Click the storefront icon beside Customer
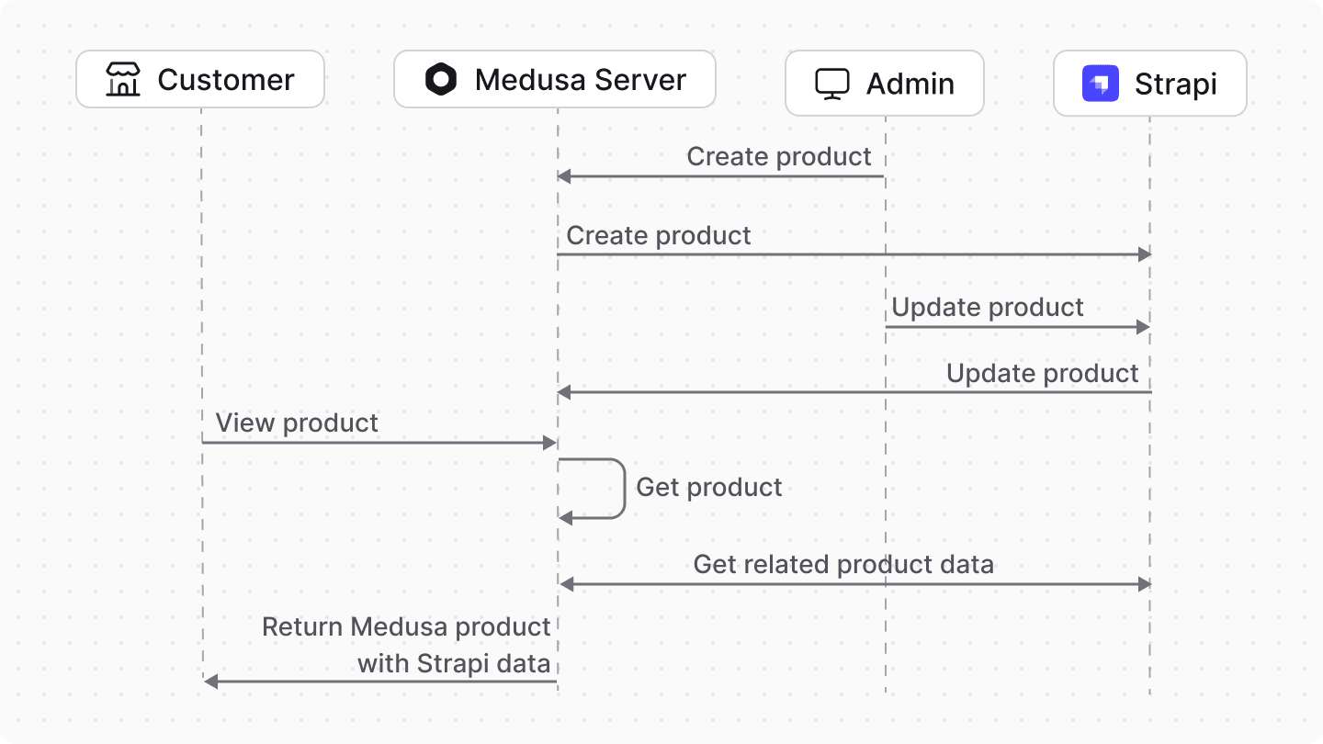122,80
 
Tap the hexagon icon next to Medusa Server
441,80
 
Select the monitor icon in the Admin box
832,84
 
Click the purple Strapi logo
1100,84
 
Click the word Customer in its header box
226,80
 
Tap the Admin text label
910,84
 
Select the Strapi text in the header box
1175,84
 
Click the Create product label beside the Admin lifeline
779,156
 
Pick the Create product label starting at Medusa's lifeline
659,235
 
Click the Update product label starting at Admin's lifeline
988,307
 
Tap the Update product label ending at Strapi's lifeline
1042,373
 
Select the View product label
297,423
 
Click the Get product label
708,487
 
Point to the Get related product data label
842,564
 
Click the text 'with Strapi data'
454,663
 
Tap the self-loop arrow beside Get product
623,488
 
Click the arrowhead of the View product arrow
551,443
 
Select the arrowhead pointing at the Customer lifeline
210,682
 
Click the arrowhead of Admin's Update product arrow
1144,327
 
